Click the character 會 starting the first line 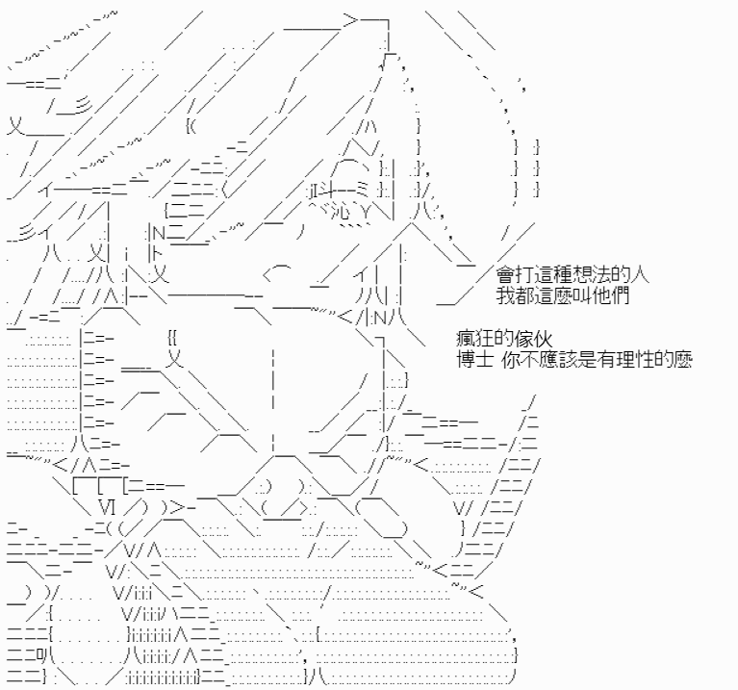coord(505,274)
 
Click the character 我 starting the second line coord(505,295)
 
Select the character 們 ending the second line coord(621,295)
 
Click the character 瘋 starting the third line coord(466,339)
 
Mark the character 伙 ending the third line coord(543,339)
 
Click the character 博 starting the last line coord(466,360)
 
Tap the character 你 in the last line coord(510,360)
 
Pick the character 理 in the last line coord(626,360)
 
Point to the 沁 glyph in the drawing coord(340,212)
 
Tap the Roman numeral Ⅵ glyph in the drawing coord(108,507)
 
